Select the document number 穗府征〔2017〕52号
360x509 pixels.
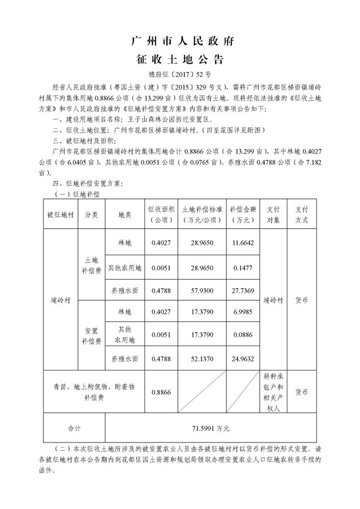(179, 74)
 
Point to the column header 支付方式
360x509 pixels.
(301, 214)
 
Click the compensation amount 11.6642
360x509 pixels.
(243, 243)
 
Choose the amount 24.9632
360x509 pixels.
(243, 358)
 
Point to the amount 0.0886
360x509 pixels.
(243, 335)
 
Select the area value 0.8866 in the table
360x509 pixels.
(161, 392)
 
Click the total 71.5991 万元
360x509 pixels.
(210, 428)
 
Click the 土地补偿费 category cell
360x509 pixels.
(91, 265)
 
